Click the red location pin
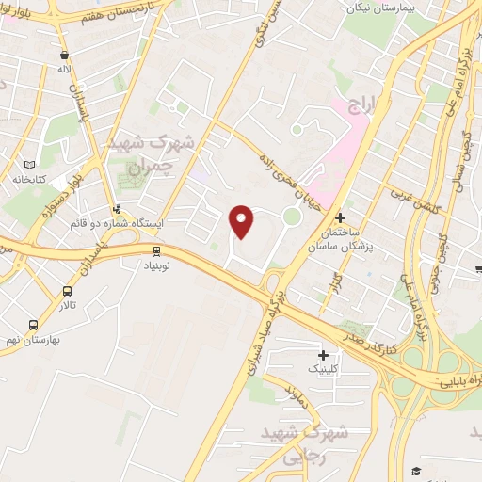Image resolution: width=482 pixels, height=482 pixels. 242,220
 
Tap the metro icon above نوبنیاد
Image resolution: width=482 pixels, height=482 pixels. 156,250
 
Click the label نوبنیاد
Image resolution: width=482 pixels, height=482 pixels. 156,265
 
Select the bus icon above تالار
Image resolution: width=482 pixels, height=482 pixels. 68,291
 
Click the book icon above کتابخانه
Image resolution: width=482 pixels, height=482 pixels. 33,164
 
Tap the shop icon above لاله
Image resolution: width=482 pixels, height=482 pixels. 63,56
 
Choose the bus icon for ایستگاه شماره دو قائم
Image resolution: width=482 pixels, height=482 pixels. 117,210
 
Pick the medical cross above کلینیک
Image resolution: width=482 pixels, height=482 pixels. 325,355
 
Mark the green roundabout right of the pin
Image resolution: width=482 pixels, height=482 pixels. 292,217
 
